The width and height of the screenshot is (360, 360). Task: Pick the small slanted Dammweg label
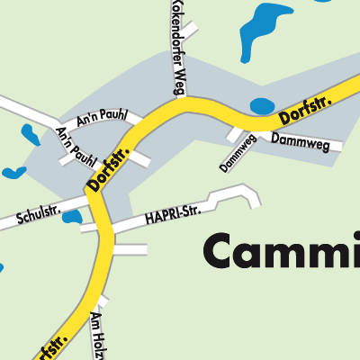238,153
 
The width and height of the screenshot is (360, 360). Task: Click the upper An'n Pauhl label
102,118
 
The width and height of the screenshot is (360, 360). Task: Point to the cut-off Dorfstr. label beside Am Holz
50,346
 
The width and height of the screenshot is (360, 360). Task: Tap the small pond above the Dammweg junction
261,105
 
